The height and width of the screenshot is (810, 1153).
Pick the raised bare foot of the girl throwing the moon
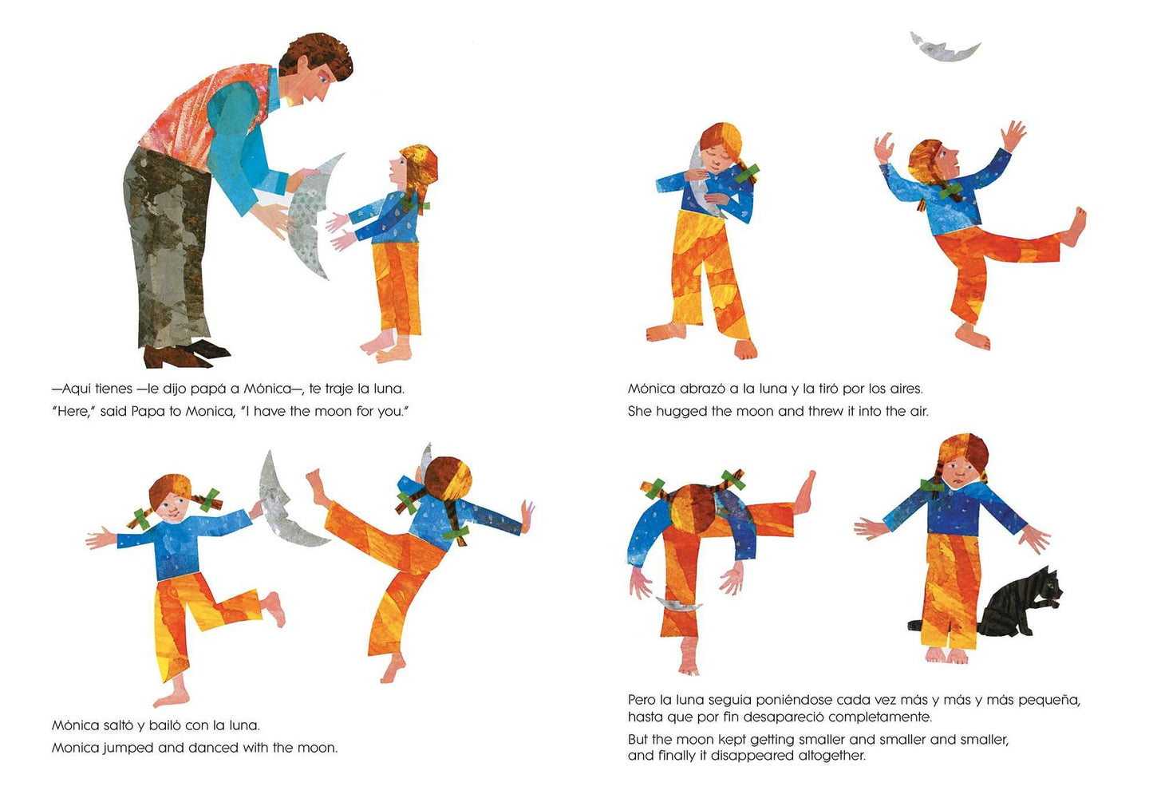[x=1074, y=227]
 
